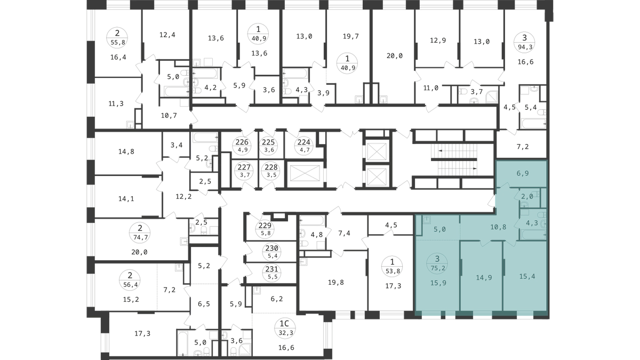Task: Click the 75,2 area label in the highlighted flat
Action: [437, 268]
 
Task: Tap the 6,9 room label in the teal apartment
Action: [523, 173]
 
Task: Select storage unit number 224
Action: [303, 142]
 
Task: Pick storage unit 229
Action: [265, 226]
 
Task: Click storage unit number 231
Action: [271, 269]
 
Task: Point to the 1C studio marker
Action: [284, 324]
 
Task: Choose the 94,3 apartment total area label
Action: [525, 47]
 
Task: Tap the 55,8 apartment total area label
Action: [118, 42]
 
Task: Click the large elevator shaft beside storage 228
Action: [306, 174]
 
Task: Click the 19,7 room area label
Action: [350, 36]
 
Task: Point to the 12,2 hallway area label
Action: [183, 197]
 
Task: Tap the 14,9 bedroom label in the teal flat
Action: [484, 277]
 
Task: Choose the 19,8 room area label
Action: [335, 283]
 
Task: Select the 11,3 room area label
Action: [116, 103]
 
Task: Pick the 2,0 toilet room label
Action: [527, 197]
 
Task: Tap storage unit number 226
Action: [242, 142]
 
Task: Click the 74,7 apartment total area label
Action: [140, 237]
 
